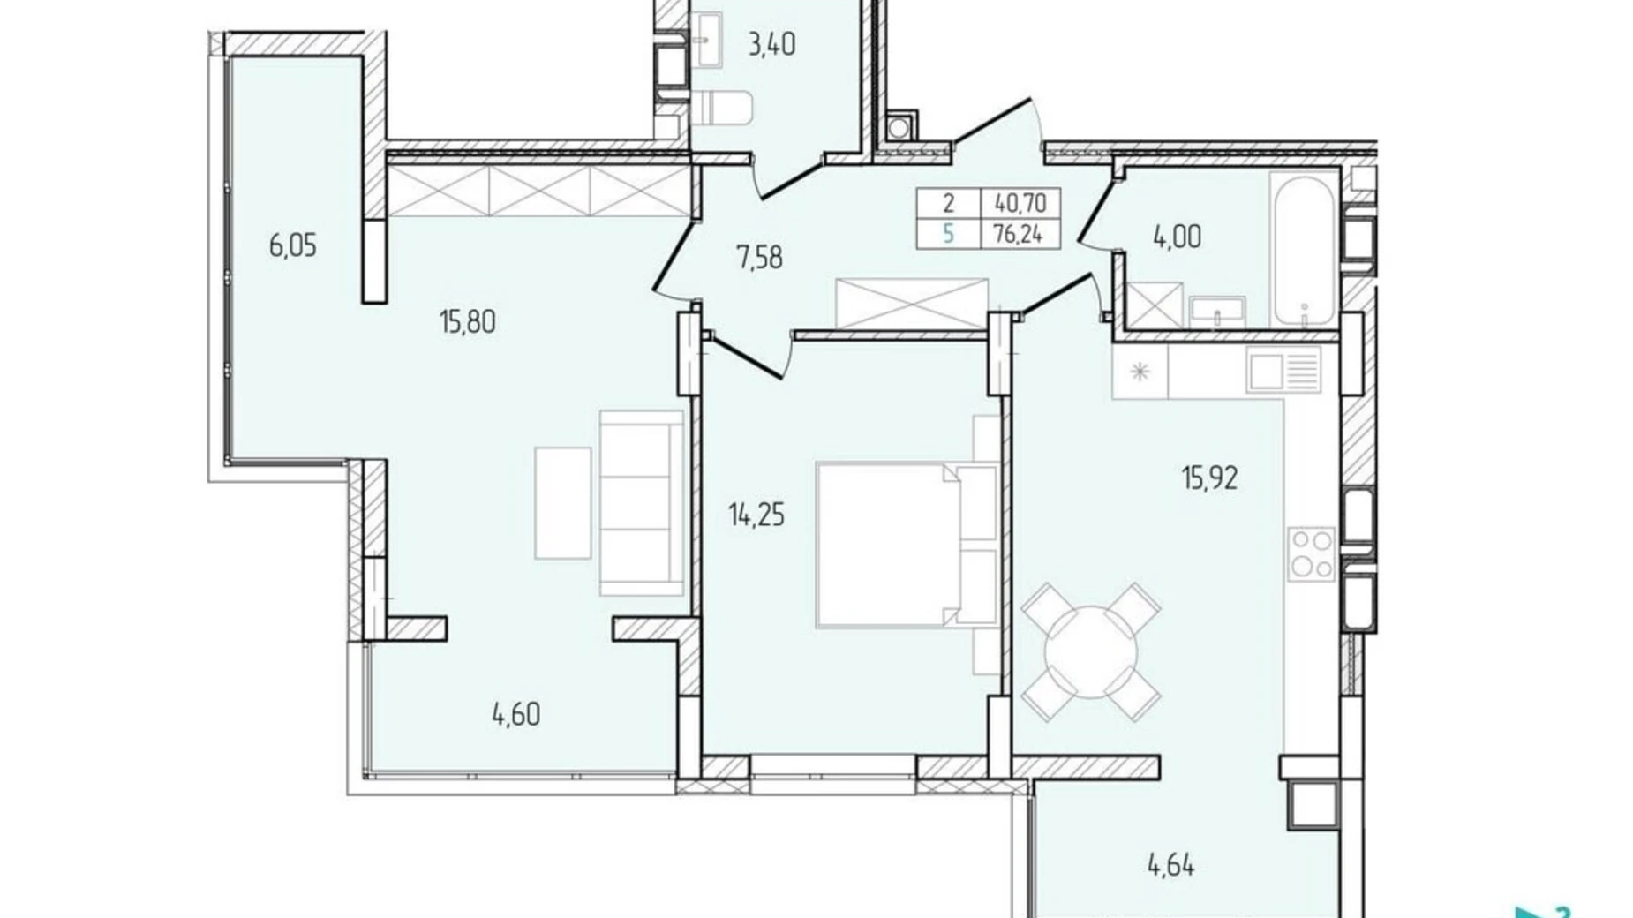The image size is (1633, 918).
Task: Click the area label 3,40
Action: tap(771, 44)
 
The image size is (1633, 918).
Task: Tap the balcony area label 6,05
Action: tap(292, 245)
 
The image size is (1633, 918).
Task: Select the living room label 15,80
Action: tap(467, 322)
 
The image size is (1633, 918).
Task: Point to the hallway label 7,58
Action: tap(759, 259)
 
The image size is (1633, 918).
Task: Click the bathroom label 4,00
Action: tap(1177, 237)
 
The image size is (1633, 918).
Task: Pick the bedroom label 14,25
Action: tap(756, 515)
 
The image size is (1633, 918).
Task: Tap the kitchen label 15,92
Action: tap(1209, 478)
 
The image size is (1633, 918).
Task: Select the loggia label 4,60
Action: tap(515, 714)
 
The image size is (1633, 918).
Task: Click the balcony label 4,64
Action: tap(1170, 866)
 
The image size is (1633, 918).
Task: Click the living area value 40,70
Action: tap(1020, 204)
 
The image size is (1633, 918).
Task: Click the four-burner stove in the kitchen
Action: tap(1311, 553)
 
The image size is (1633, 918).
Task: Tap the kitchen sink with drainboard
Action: tap(1284, 370)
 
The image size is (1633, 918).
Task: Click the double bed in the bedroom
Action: tap(905, 545)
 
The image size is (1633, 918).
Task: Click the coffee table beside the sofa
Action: tap(562, 503)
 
